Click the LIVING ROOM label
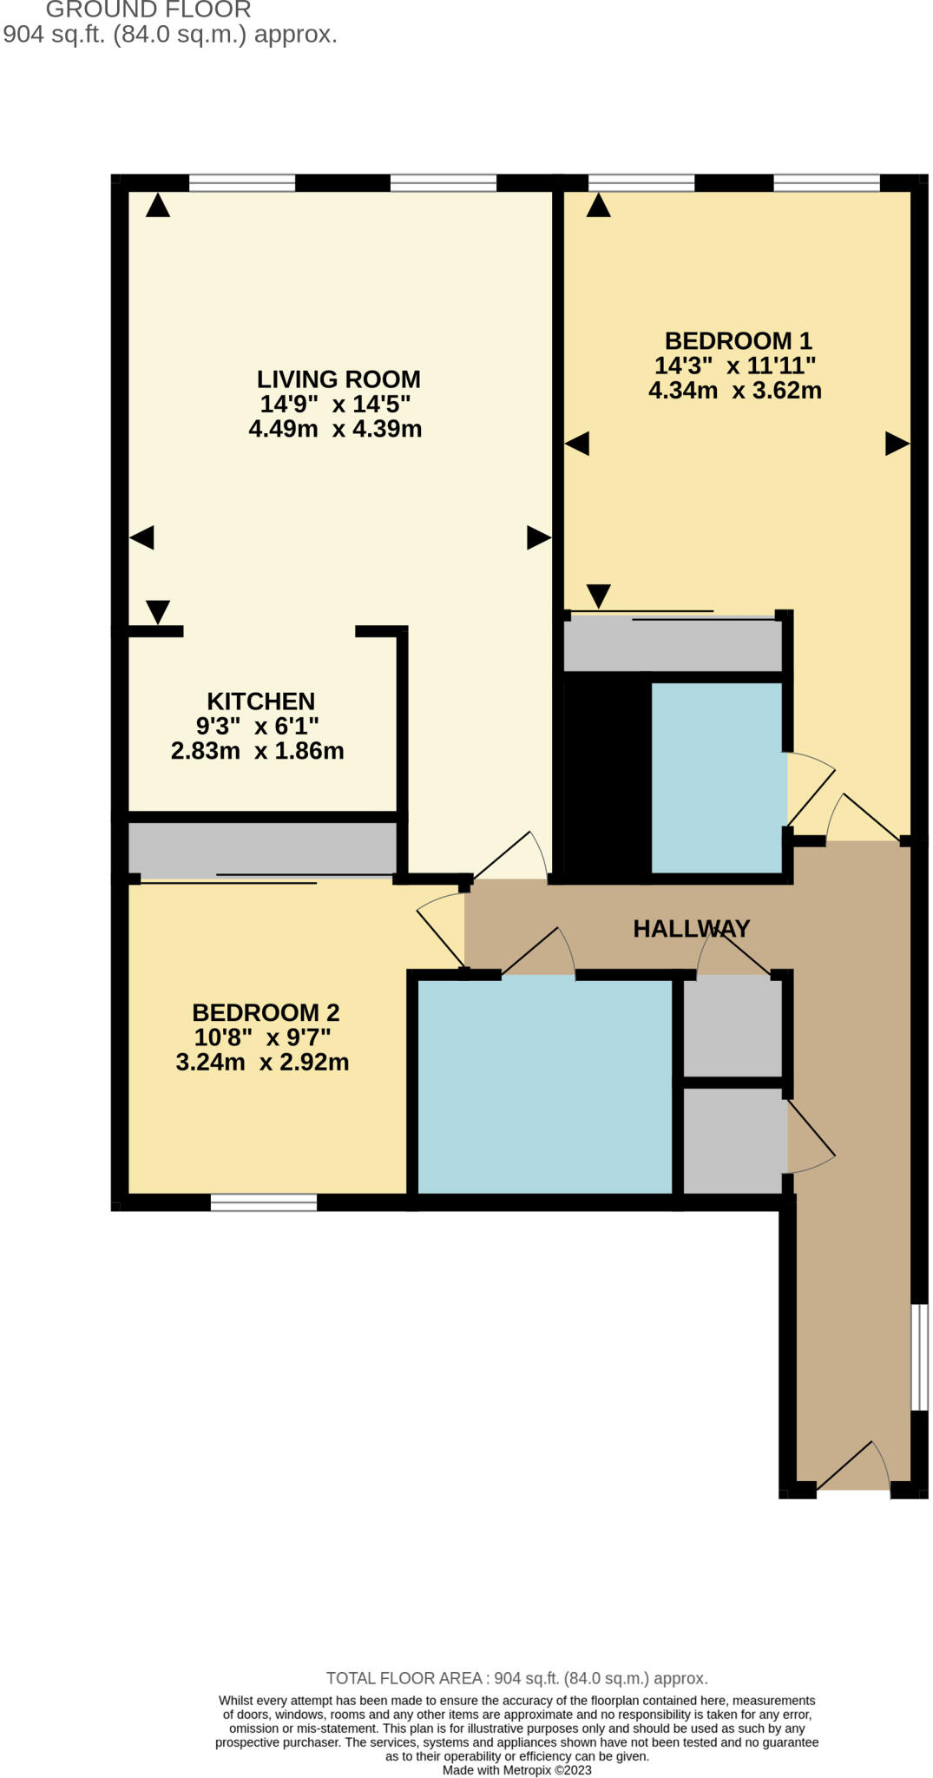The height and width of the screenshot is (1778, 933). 338,379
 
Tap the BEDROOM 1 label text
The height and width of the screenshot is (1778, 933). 738,340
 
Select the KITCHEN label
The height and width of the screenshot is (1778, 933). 260,701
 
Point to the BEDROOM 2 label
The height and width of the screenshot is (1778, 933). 266,1012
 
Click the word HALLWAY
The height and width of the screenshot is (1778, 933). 691,929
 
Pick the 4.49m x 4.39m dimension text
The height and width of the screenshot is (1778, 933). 335,429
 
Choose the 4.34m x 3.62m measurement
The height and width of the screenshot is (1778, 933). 735,391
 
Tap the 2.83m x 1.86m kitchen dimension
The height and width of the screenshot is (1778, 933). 257,751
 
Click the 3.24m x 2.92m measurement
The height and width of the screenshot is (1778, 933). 262,1063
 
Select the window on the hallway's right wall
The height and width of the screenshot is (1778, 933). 918,1356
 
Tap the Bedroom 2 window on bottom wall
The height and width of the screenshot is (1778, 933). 264,1202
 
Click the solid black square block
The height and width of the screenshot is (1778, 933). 608,774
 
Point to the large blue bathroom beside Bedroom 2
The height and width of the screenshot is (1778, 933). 545,1085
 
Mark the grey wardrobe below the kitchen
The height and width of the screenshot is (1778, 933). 262,848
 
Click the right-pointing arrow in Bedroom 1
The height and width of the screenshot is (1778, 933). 897,444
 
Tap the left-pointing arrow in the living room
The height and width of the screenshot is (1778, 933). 142,537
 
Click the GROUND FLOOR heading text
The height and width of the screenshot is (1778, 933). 148,10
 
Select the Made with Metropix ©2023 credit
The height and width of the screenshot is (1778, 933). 516,1769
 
